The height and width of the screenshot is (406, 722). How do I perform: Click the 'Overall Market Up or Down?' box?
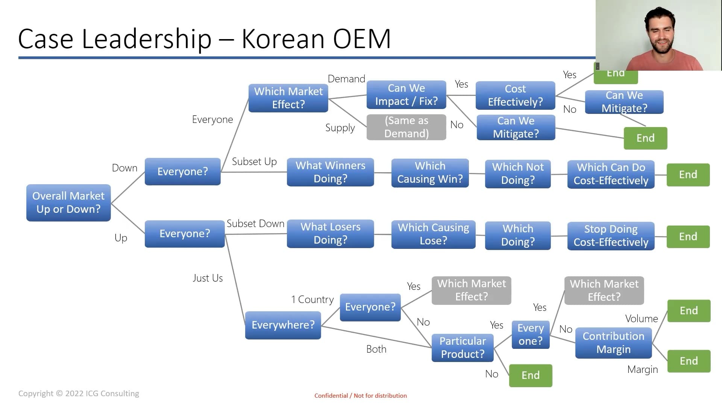[x=68, y=203]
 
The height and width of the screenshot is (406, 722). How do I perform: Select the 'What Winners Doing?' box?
[x=330, y=172]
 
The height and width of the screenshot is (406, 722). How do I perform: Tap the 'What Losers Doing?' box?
[x=330, y=233]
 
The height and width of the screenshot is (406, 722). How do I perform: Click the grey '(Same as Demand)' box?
[x=406, y=127]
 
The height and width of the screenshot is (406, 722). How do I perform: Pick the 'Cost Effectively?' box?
[x=515, y=95]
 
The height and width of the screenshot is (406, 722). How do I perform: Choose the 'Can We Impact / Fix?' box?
[x=406, y=95]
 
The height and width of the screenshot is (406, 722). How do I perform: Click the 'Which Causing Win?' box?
[x=430, y=173]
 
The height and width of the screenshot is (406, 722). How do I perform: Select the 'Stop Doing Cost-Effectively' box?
[x=611, y=236]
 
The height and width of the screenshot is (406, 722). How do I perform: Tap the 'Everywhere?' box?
[x=283, y=325]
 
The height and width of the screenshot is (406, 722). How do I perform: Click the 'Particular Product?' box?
[x=463, y=348]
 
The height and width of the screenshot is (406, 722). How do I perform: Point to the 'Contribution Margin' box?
[x=613, y=343]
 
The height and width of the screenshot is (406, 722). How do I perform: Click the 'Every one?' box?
[x=530, y=335]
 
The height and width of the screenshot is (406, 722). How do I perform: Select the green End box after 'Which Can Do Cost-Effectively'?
[x=688, y=175]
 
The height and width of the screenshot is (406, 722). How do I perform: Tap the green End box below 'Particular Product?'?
[x=530, y=376]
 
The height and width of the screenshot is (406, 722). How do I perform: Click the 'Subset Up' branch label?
[x=254, y=162]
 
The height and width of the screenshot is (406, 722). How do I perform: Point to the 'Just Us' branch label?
[x=208, y=278]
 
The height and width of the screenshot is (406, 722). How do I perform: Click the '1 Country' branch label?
[x=312, y=300]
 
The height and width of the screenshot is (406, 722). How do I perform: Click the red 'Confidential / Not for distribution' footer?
[x=360, y=395]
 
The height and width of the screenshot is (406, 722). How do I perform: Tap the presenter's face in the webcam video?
[x=661, y=31]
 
